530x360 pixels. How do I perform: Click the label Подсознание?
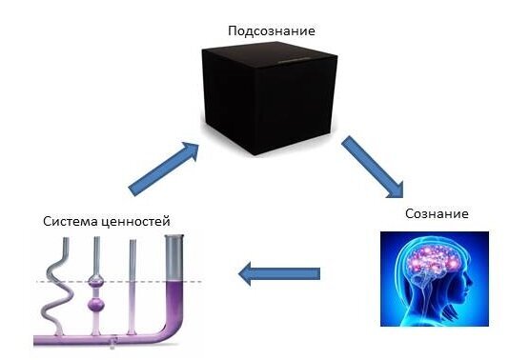click(271, 30)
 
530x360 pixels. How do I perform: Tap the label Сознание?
click(436, 213)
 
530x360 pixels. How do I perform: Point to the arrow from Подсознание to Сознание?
click(377, 164)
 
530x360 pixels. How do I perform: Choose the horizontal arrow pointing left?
click(278, 275)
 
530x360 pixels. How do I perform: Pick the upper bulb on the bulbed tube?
click(96, 283)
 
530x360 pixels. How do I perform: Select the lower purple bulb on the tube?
click(96, 306)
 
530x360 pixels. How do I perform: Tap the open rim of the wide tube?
click(176, 239)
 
